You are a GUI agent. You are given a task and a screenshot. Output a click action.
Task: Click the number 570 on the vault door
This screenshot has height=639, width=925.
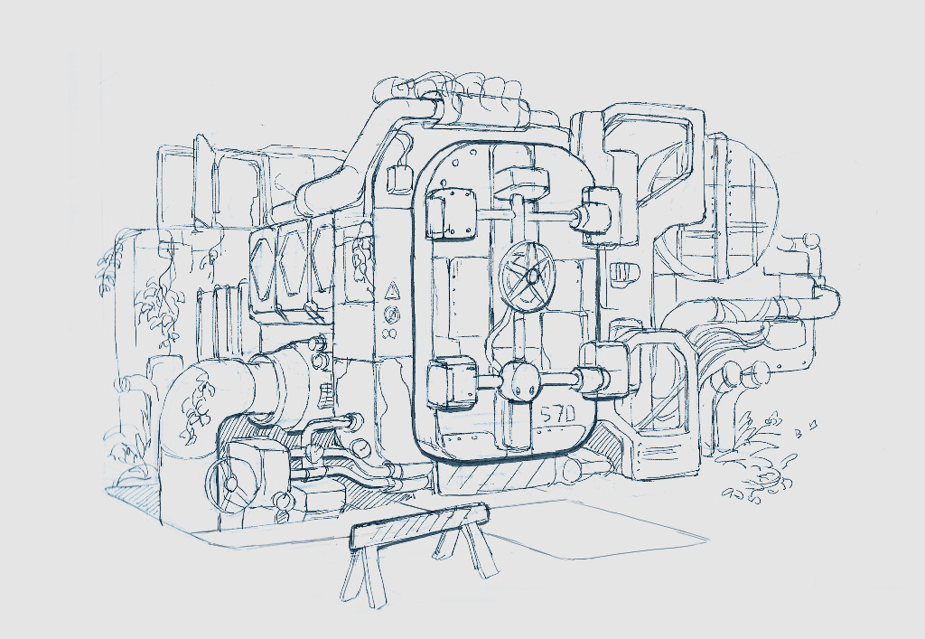click(556, 416)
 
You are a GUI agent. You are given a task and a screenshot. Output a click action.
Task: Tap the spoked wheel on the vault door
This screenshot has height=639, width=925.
click(528, 276)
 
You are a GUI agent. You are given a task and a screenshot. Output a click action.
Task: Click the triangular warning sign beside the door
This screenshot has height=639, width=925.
click(391, 291)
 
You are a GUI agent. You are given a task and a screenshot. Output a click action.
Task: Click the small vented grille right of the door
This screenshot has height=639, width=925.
click(621, 274)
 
